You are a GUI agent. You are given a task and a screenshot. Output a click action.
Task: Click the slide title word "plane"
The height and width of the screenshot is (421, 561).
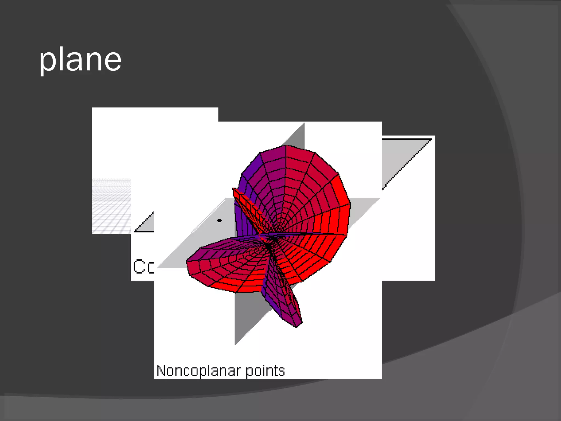point(80,60)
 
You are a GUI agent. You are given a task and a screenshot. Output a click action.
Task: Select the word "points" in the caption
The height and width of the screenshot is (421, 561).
point(265,371)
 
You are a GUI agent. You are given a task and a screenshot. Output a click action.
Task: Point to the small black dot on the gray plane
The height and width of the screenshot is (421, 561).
point(219,220)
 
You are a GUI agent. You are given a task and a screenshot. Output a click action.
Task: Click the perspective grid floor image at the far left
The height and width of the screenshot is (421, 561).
point(111,206)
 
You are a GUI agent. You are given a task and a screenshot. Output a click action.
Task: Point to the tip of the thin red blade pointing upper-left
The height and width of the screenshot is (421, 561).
point(234,189)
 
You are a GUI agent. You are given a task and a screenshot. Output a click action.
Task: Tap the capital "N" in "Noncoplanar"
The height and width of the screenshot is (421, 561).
point(161,371)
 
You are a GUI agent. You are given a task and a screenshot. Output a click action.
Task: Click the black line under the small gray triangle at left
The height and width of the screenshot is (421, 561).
point(144,232)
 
